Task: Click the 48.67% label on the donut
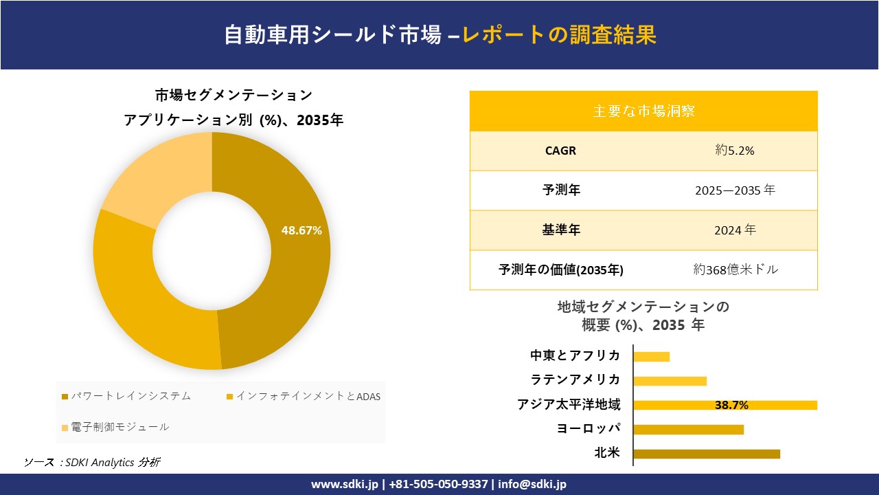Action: pos(301,231)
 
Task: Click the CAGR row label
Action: pos(560,151)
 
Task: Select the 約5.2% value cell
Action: pos(735,151)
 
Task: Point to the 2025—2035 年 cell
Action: pos(735,190)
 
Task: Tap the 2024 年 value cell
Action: pos(735,230)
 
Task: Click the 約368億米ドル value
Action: pos(735,270)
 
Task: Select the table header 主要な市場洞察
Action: pos(643,111)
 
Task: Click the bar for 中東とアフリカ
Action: pos(651,356)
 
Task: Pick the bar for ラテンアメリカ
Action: pos(670,381)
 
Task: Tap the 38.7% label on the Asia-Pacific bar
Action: pos(731,405)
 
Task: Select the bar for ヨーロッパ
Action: pos(688,429)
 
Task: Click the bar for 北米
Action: pos(707,454)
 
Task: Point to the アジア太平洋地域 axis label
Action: pos(569,405)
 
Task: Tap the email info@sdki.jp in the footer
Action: pos(533,484)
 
